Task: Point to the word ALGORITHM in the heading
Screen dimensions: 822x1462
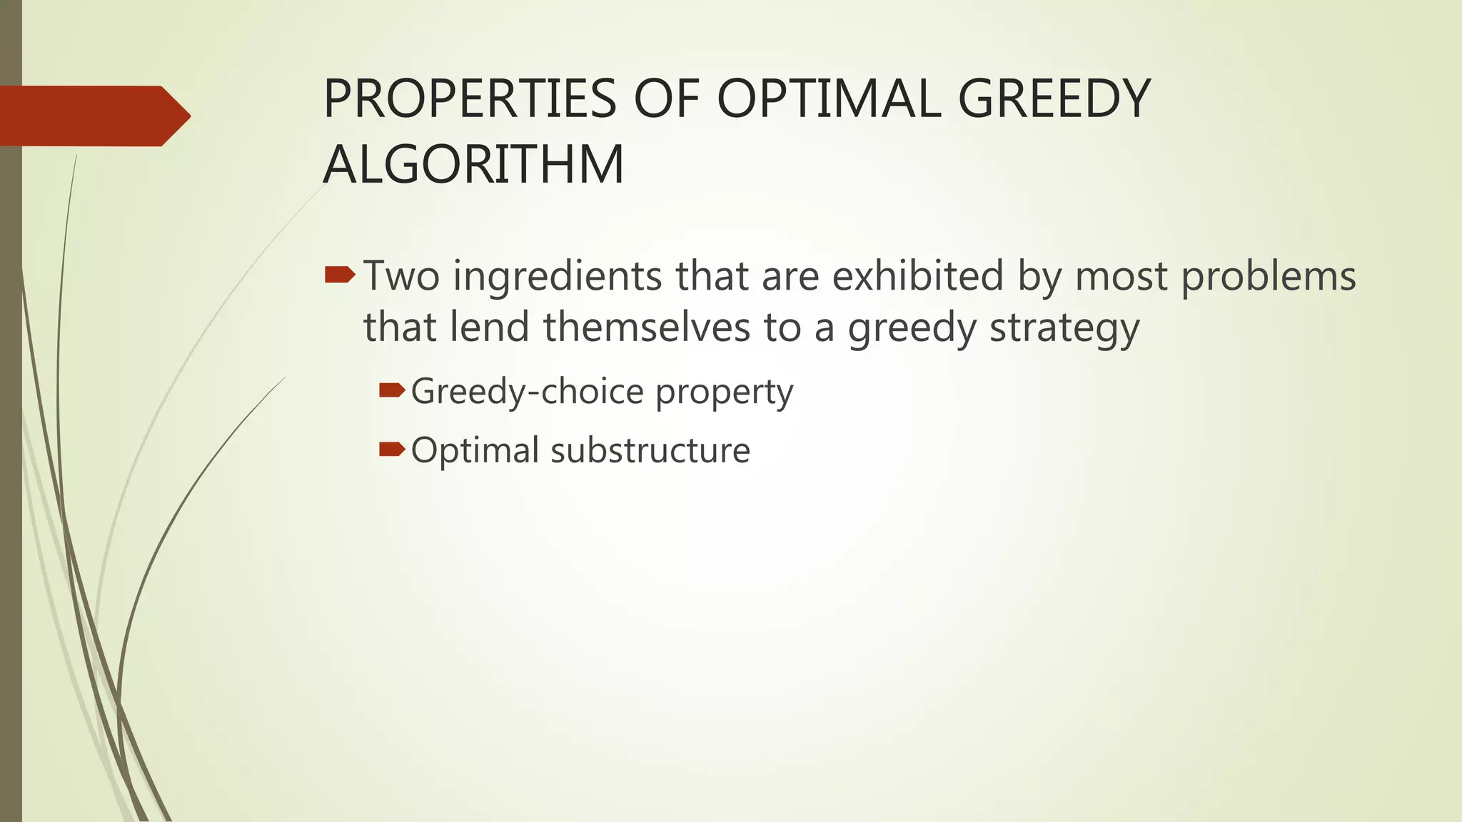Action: [x=473, y=165]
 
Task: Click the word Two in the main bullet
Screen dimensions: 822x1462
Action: [x=401, y=276]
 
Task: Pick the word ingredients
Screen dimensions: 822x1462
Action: [x=558, y=276]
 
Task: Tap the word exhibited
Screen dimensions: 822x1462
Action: [x=918, y=276]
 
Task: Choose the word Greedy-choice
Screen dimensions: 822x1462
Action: [x=528, y=392]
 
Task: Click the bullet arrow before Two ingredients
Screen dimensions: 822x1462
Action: [x=339, y=275]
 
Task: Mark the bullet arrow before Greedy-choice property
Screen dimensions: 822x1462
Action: [x=392, y=390]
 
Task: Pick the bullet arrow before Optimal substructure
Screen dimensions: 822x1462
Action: [x=392, y=449]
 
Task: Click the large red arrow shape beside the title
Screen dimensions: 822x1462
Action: [x=93, y=116]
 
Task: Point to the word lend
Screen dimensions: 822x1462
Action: [x=489, y=328]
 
